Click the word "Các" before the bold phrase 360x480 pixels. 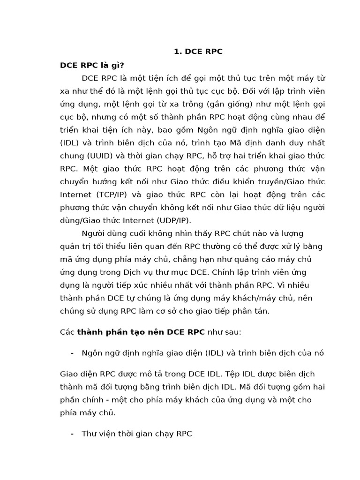tap(67, 332)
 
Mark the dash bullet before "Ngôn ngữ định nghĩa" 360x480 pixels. tap(72, 353)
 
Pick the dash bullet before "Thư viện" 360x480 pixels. tap(72, 434)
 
